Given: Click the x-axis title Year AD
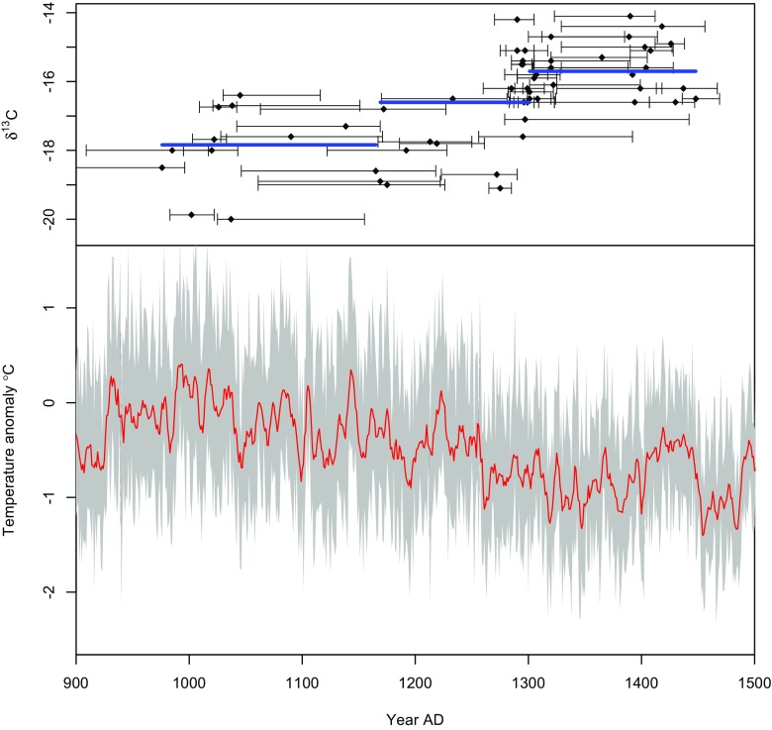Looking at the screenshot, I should (415, 718).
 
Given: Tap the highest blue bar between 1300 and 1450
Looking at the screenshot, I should (614, 71).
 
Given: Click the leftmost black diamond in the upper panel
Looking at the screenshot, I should (162, 167).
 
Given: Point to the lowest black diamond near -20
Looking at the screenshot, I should (231, 219).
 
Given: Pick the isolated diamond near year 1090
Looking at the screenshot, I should (290, 136).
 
